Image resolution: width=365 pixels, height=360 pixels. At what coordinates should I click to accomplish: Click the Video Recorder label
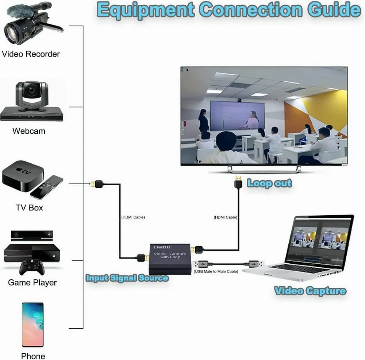[31, 54]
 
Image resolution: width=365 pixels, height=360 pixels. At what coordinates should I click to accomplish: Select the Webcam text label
[29, 131]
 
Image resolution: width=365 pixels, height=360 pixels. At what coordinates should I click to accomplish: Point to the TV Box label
[29, 208]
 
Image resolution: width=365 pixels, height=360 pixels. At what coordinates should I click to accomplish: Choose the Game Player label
[32, 283]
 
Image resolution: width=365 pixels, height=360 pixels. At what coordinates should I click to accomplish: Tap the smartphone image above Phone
[32, 325]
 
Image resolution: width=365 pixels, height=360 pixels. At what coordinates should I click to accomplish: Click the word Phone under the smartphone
[33, 356]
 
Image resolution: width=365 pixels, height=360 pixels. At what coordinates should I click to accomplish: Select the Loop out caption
[269, 183]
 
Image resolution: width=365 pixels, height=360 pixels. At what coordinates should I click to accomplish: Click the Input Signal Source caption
[127, 278]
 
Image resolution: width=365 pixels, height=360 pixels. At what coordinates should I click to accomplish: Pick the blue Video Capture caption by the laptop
[310, 291]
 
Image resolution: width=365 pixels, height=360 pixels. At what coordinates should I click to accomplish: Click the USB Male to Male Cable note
[216, 271]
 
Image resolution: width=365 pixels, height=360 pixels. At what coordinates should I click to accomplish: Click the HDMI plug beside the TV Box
[97, 185]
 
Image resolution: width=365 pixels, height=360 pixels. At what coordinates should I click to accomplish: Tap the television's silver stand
[264, 169]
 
